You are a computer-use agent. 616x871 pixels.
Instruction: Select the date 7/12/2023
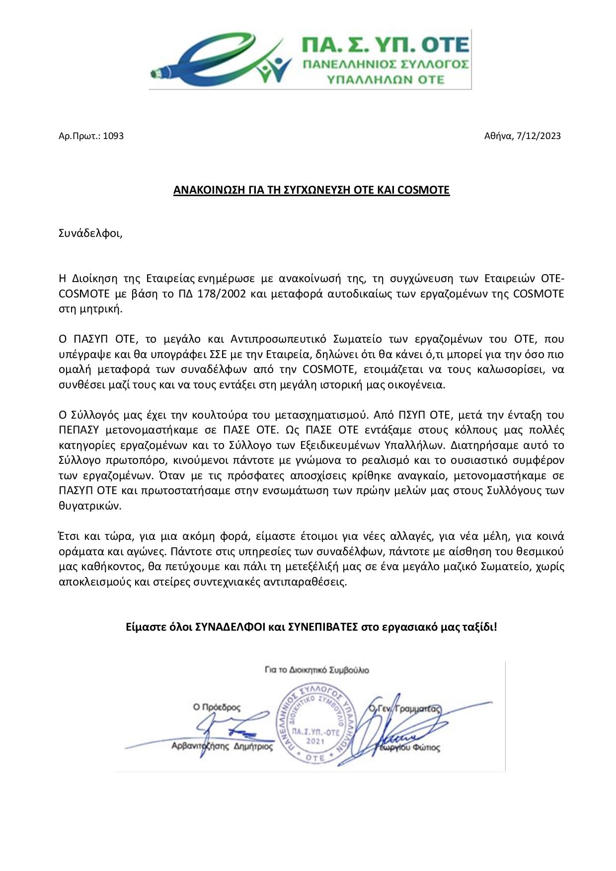(x=538, y=136)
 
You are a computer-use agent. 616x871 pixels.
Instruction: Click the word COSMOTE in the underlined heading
(x=423, y=190)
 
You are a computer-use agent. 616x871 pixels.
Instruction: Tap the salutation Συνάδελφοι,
(x=90, y=233)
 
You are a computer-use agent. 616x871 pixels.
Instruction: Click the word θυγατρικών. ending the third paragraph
(x=90, y=506)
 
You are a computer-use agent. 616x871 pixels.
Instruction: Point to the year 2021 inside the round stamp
(x=315, y=741)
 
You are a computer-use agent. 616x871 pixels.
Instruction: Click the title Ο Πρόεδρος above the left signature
(x=217, y=707)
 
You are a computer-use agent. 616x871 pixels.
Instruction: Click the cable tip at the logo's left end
(x=155, y=74)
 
